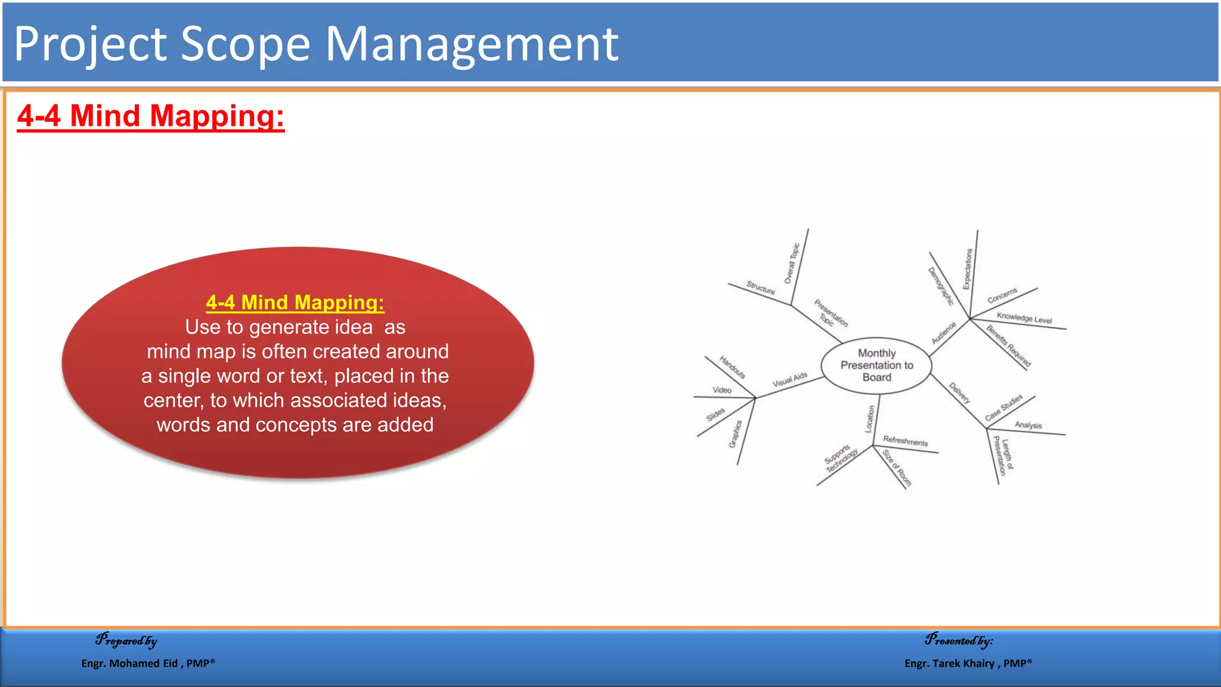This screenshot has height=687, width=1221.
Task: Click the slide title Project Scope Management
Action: pyautogui.click(x=316, y=44)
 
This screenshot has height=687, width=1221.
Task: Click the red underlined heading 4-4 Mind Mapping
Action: pyautogui.click(x=151, y=116)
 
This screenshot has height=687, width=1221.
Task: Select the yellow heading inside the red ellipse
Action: pyautogui.click(x=295, y=302)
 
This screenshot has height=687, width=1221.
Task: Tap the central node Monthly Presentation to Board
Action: pyautogui.click(x=876, y=365)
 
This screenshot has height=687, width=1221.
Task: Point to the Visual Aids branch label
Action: pyautogui.click(x=789, y=380)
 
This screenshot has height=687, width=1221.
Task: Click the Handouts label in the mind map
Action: pyautogui.click(x=732, y=367)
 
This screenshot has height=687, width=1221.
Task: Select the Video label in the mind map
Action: pyautogui.click(x=722, y=390)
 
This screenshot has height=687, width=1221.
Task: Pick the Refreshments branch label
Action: pyautogui.click(x=905, y=441)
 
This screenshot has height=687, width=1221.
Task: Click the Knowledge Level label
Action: pyautogui.click(x=1024, y=318)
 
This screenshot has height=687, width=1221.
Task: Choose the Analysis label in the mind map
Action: pyautogui.click(x=1028, y=425)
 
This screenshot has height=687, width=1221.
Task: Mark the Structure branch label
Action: pyautogui.click(x=761, y=288)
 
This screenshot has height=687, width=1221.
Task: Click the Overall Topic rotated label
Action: pyautogui.click(x=792, y=263)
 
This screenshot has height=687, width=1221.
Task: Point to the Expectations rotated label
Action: pyautogui.click(x=967, y=269)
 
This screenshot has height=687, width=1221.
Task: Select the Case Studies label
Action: pyautogui.click(x=1004, y=407)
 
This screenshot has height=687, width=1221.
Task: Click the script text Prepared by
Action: pyautogui.click(x=126, y=640)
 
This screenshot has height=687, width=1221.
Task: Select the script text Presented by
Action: pyautogui.click(x=959, y=640)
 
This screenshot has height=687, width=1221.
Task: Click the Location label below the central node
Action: pyautogui.click(x=870, y=419)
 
